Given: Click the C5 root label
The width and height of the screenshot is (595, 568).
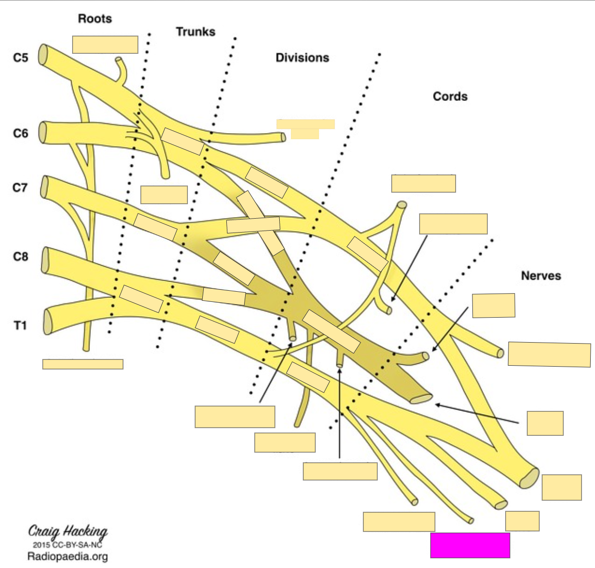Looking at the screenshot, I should pyautogui.click(x=21, y=58).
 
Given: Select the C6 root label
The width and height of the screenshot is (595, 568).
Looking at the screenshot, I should pyautogui.click(x=21, y=133).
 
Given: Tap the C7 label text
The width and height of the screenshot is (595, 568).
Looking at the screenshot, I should pyautogui.click(x=20, y=187).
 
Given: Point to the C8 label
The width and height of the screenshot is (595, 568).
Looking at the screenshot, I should pyautogui.click(x=21, y=257).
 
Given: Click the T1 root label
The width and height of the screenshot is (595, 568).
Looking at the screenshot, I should pyautogui.click(x=20, y=325).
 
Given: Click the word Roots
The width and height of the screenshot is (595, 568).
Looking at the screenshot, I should pyautogui.click(x=95, y=19).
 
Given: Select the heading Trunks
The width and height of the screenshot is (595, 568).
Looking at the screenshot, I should pyautogui.click(x=195, y=32).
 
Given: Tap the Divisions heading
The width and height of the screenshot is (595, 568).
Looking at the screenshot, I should pyautogui.click(x=302, y=58).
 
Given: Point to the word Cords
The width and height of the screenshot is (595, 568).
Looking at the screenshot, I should pyautogui.click(x=450, y=97).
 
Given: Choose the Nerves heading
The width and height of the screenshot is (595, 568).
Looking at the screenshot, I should pyautogui.click(x=541, y=276).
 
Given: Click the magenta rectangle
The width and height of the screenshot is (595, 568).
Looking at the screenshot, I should pyautogui.click(x=470, y=545).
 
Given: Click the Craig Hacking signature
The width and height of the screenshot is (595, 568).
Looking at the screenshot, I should pyautogui.click(x=68, y=531).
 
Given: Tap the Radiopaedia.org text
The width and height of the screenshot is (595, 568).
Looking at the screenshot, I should pyautogui.click(x=67, y=556).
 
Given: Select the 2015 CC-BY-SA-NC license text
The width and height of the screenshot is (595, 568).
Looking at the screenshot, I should pyautogui.click(x=67, y=545).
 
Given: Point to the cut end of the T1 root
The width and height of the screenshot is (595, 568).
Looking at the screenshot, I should pyautogui.click(x=48, y=321).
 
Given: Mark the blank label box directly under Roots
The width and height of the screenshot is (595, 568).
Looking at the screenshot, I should pyautogui.click(x=105, y=45).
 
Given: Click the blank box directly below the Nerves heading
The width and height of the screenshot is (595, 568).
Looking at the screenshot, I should pyautogui.click(x=494, y=306).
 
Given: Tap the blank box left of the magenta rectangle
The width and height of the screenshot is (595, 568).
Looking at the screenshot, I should pyautogui.click(x=399, y=522).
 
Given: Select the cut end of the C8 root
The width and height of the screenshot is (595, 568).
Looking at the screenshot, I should pyautogui.click(x=46, y=260).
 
